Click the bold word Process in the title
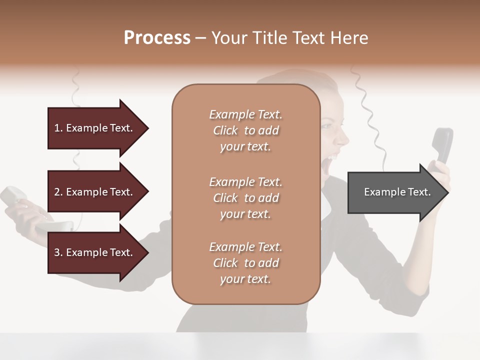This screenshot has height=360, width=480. tap(157, 38)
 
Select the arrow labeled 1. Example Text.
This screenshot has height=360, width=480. tap(95, 128)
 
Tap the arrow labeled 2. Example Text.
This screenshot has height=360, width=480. tap(95, 192)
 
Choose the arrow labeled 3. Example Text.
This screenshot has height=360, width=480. tap(95, 252)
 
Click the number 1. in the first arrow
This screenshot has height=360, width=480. tap(58, 128)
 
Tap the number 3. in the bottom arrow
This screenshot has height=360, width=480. tap(58, 252)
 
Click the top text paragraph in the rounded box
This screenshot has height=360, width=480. tap(245, 130)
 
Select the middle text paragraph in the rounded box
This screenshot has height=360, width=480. tap(245, 198)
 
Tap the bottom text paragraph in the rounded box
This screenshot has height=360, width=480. tap(245, 263)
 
